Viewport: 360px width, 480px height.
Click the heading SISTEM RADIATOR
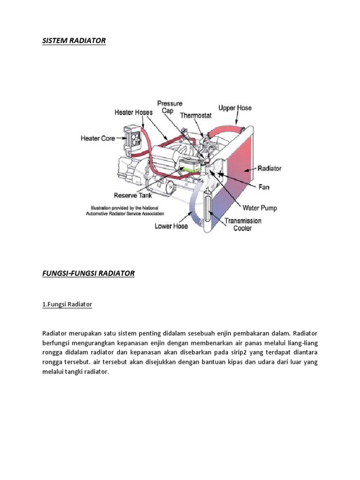[x=74, y=41]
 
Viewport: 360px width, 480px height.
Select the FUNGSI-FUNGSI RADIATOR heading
[x=88, y=273]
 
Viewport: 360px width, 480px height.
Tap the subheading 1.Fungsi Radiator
[x=67, y=304]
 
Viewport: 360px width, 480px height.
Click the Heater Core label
[x=98, y=138]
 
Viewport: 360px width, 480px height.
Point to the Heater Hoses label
[x=134, y=112]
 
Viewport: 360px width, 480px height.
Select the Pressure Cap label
[x=170, y=107]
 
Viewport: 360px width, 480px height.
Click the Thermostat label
[x=196, y=115]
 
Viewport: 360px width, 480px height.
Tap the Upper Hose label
[x=235, y=108]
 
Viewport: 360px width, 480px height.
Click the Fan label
[x=264, y=187]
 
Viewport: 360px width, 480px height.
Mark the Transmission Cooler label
[x=243, y=225]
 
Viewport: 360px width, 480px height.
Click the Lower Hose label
[x=172, y=226]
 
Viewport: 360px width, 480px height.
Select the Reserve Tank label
[x=132, y=195]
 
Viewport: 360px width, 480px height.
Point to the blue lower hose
[x=193, y=206]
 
